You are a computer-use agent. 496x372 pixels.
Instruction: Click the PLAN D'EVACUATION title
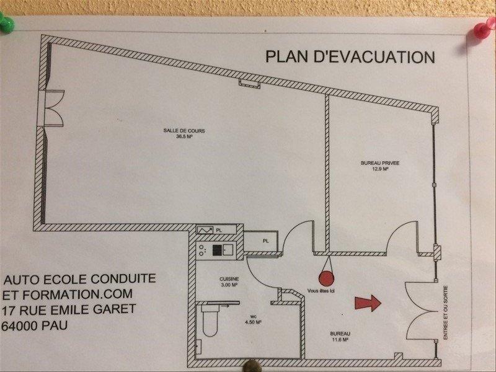tap(350, 56)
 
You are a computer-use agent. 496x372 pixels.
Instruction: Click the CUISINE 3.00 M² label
tap(229, 282)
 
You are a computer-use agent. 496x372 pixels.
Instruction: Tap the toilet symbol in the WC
tap(209, 321)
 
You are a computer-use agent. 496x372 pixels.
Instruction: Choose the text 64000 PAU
tap(36, 325)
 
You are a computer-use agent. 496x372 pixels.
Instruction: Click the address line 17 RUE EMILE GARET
tap(70, 309)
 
